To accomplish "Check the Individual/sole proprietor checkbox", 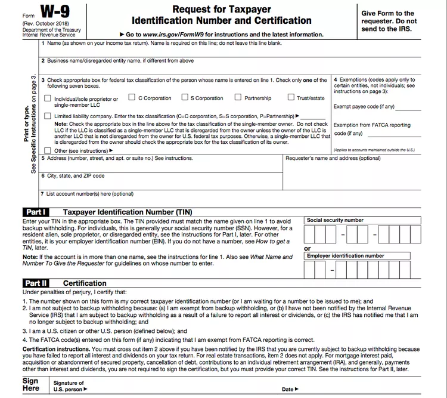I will click(48, 98).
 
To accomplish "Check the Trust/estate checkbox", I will click(291, 97).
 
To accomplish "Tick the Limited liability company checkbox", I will click(48, 116).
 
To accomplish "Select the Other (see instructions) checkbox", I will click(48, 150).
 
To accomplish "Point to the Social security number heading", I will click(335, 220).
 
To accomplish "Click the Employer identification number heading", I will click(345, 255).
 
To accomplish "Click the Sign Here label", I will click(30, 385).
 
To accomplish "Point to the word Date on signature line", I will click(288, 390).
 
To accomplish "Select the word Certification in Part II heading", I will click(85, 283).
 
